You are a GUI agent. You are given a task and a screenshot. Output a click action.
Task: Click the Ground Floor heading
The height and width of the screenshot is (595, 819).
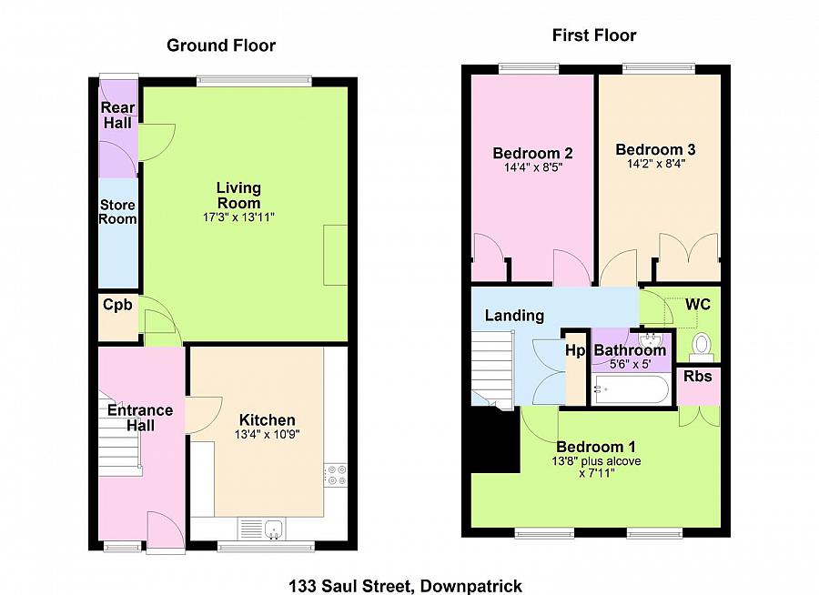click(x=221, y=45)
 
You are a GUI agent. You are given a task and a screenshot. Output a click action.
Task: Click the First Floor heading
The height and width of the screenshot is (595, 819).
click(x=594, y=35)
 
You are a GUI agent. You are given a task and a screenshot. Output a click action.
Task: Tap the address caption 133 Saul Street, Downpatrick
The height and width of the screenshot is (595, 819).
click(x=405, y=586)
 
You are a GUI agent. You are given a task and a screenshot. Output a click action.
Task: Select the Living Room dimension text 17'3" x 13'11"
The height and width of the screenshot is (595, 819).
click(x=238, y=217)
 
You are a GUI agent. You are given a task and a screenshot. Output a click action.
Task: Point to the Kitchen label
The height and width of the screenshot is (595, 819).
click(x=267, y=419)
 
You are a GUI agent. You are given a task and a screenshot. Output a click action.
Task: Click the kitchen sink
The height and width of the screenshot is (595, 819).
click(x=274, y=529)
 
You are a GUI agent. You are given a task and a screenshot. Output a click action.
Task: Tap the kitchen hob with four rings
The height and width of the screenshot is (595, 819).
click(x=335, y=475)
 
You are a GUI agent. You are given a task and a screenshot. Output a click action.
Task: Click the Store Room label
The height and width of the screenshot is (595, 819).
click(x=117, y=212)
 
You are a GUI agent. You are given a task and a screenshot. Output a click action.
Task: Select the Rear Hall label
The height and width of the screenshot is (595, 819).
click(x=117, y=115)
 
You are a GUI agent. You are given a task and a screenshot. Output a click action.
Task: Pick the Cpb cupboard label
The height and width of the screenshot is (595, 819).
click(x=117, y=305)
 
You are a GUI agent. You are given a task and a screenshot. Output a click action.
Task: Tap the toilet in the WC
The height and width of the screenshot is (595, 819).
click(x=701, y=347)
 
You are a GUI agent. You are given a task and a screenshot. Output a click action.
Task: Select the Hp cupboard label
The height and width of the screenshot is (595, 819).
click(x=576, y=350)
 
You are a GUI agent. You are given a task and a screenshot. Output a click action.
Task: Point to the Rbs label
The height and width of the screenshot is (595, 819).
click(x=698, y=376)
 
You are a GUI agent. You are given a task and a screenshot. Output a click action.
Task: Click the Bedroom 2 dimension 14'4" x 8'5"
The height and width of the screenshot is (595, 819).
click(x=532, y=167)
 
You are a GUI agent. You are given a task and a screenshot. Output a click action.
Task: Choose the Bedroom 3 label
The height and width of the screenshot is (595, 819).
click(x=655, y=149)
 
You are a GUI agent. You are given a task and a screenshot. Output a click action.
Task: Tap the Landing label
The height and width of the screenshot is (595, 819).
click(x=514, y=316)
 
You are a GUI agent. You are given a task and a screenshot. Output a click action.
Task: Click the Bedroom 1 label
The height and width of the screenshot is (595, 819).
click(x=596, y=447)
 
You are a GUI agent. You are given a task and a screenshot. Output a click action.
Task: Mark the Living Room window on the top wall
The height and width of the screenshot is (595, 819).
click(x=255, y=80)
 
